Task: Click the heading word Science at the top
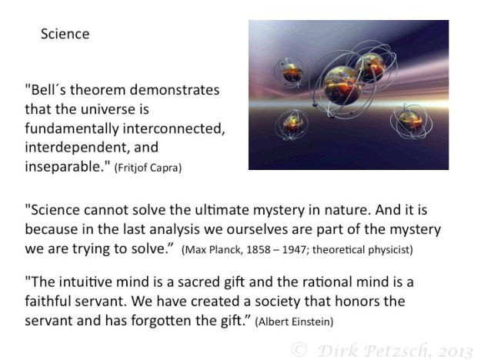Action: (65, 34)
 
